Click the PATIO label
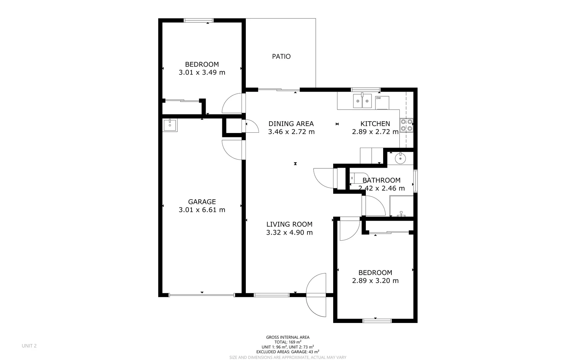[281, 56]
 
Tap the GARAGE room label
[202, 202]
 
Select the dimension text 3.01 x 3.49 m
[202, 72]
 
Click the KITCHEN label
[375, 124]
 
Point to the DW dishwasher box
[382, 102]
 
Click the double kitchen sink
[362, 101]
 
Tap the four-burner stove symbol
[406, 125]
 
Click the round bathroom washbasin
[400, 158]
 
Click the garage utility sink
[170, 125]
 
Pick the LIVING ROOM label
[289, 224]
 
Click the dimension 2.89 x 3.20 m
[375, 281]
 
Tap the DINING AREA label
[291, 124]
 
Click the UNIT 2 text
[29, 346]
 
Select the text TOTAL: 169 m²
[288, 342]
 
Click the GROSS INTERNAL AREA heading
[288, 337]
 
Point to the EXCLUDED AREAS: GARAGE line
[288, 352]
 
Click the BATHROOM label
[381, 180]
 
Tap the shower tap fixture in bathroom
[401, 214]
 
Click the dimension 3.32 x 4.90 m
[289, 233]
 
